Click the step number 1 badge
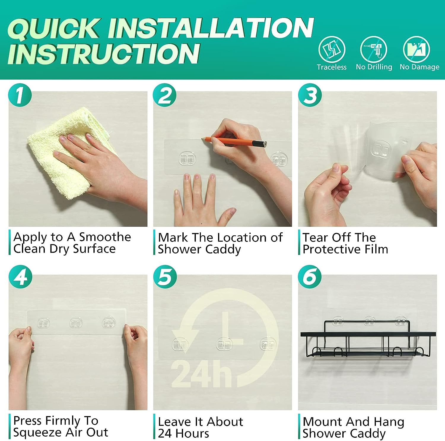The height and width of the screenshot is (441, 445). (20, 95)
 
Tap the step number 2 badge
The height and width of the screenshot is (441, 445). (165, 95)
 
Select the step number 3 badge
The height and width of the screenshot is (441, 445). (310, 95)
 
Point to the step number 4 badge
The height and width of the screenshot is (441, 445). (20, 277)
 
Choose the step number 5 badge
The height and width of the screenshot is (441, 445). (165, 277)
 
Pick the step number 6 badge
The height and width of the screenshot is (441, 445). (310, 277)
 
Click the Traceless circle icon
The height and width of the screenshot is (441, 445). (332, 49)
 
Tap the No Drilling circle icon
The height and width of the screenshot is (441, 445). (374, 49)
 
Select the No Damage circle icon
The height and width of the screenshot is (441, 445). (417, 49)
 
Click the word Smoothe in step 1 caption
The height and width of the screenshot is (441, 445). (105, 237)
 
